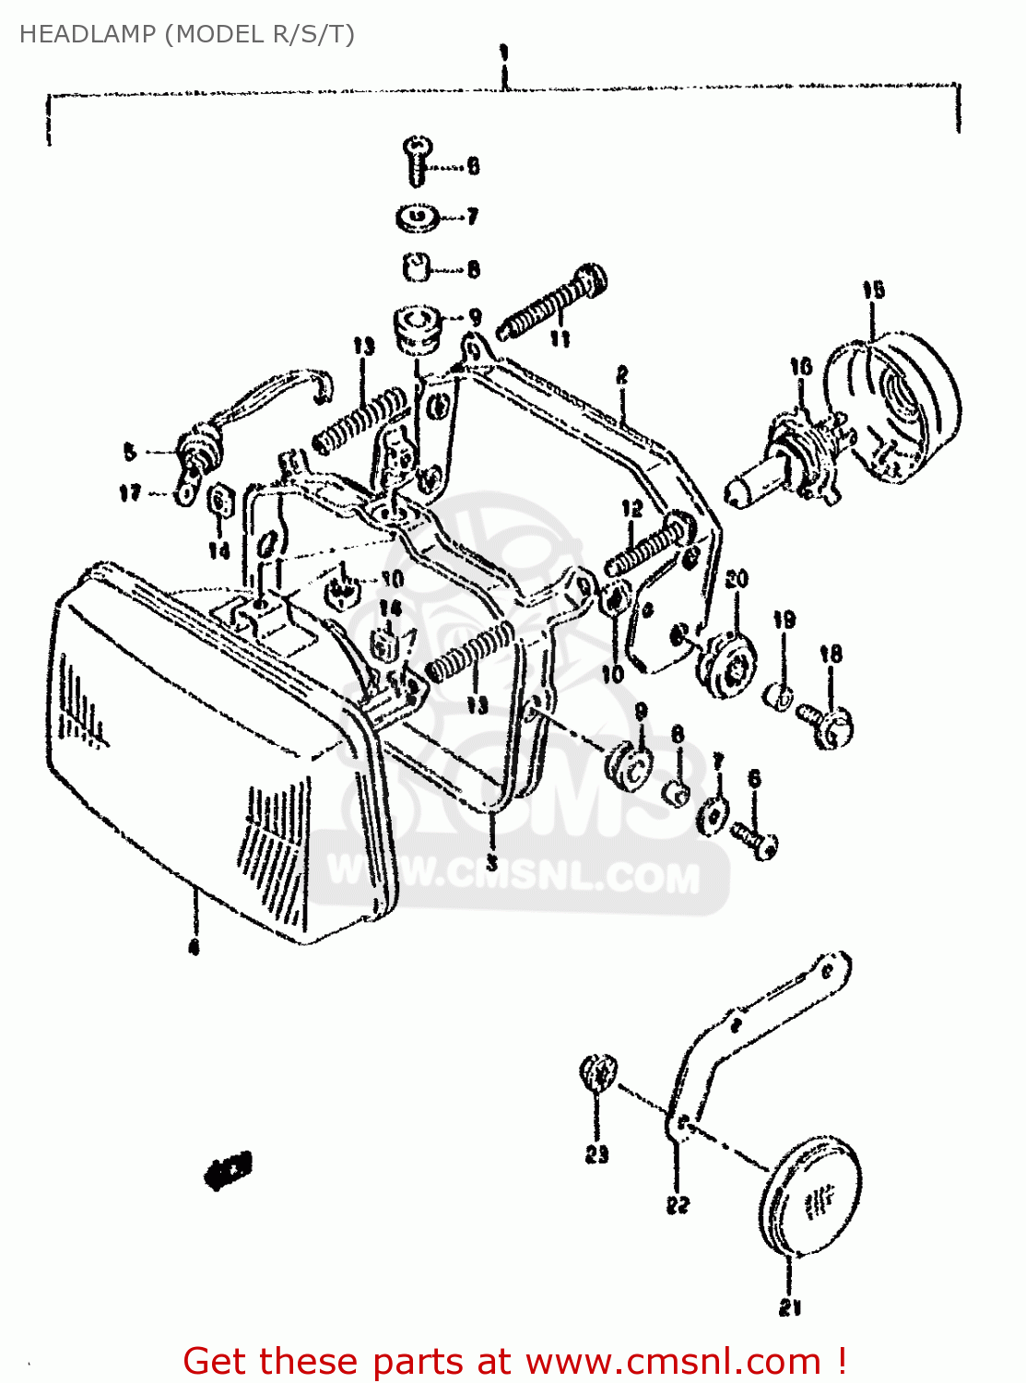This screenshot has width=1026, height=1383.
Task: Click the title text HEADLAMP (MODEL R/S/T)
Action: (187, 34)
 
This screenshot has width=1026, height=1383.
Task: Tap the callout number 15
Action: (873, 290)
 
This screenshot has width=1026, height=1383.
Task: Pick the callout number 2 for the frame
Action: (622, 375)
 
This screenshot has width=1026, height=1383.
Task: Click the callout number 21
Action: (790, 1306)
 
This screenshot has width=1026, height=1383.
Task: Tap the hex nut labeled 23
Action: (597, 1074)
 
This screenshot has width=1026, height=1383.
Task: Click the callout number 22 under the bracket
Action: (678, 1204)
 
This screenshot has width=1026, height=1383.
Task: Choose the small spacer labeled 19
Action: (778, 696)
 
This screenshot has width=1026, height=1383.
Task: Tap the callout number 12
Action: (631, 508)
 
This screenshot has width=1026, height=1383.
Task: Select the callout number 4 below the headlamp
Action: (194, 947)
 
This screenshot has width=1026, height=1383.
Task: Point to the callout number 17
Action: (130, 492)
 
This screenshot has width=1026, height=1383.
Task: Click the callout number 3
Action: (492, 863)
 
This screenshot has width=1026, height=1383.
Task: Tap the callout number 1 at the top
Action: (503, 53)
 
